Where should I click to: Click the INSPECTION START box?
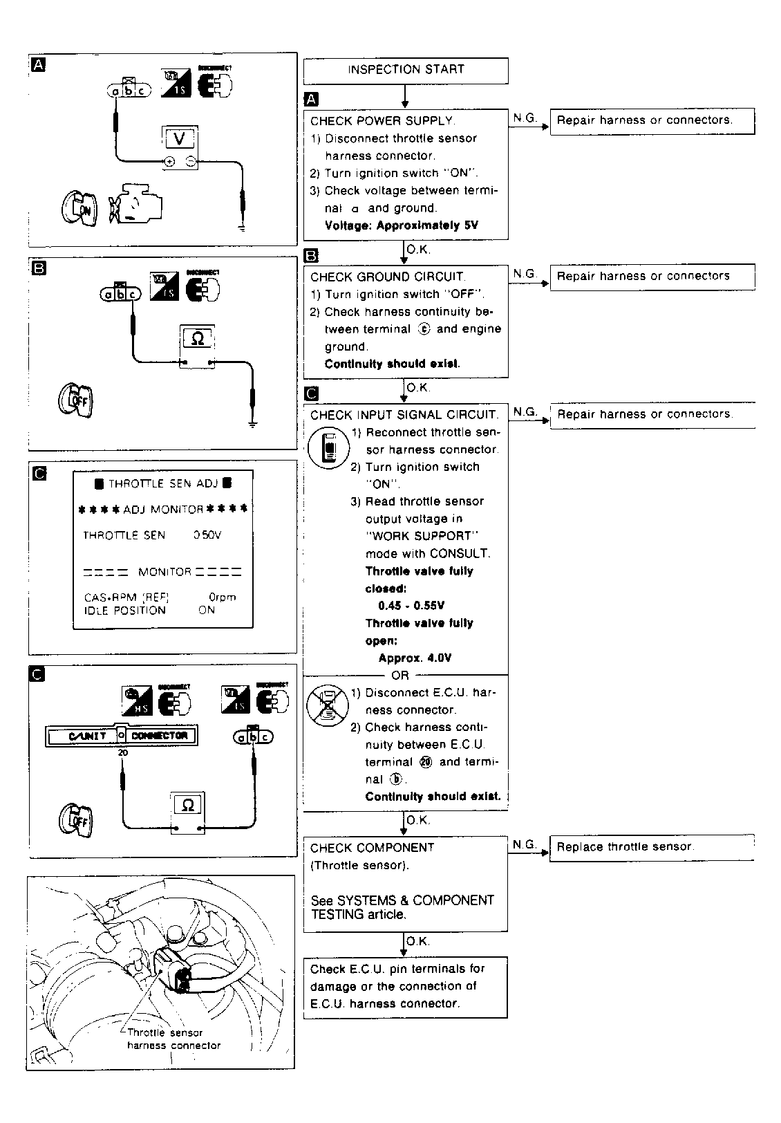(406, 70)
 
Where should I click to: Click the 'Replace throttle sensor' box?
(651, 847)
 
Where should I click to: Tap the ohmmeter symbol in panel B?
(198, 339)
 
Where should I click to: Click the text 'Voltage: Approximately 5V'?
(401, 225)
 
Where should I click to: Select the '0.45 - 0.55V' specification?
(411, 606)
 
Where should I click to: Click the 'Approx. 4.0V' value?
(415, 658)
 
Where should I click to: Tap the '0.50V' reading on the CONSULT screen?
(207, 535)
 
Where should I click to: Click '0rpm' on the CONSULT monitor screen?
(222, 597)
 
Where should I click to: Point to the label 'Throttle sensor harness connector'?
(173, 1039)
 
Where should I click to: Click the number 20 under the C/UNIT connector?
(122, 752)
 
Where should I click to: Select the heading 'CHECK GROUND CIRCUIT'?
(388, 277)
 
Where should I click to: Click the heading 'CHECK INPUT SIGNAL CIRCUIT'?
(404, 415)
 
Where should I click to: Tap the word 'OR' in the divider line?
(400, 676)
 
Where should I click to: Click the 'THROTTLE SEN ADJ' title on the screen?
(163, 484)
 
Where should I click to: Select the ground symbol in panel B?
(253, 424)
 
